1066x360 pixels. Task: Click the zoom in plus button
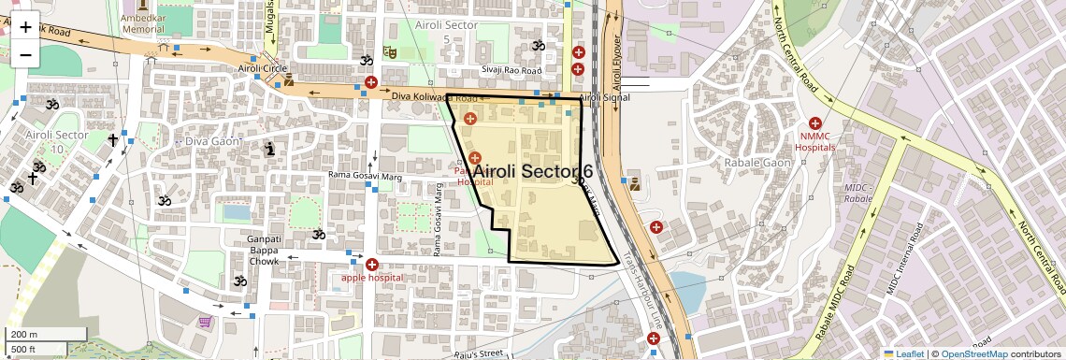click(25, 26)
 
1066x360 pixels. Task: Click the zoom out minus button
click(25, 54)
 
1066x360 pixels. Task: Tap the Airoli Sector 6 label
click(533, 171)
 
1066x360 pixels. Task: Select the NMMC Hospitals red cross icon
click(814, 123)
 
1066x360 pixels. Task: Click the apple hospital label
click(371, 277)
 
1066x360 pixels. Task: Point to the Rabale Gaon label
click(756, 162)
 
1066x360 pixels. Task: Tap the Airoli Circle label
click(262, 68)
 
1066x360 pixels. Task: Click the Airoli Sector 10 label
click(57, 141)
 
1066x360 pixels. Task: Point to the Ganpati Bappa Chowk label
click(264, 250)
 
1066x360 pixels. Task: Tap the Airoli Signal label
click(604, 97)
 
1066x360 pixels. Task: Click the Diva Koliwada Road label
click(434, 96)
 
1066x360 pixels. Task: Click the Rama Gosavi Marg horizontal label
click(365, 174)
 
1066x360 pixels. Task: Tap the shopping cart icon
click(204, 323)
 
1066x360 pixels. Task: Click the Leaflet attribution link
click(903, 353)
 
